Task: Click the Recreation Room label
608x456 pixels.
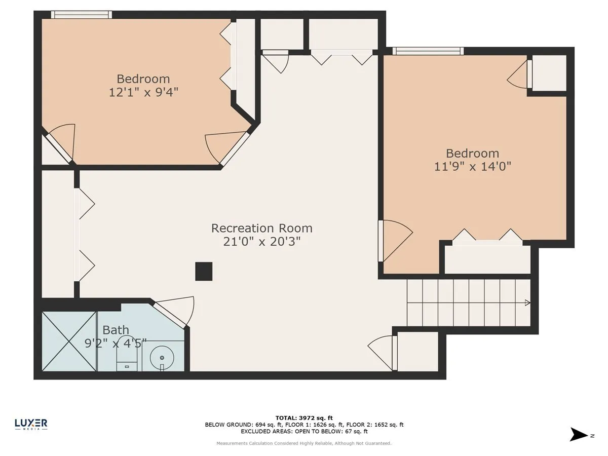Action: tap(262, 229)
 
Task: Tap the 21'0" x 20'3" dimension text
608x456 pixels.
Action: tap(262, 242)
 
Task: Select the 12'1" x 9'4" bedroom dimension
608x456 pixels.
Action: tap(143, 92)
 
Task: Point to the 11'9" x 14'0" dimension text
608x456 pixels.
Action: tap(473, 167)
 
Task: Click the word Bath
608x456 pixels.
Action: tap(116, 330)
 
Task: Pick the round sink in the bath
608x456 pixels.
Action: tap(162, 357)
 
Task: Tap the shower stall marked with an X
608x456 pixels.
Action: tap(69, 341)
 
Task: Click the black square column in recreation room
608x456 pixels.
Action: tap(204, 272)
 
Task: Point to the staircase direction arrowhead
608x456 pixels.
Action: tap(527, 302)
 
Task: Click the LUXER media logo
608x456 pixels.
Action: tap(31, 425)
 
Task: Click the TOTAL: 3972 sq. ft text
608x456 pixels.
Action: tap(304, 418)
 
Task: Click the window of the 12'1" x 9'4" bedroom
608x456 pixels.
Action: tap(82, 15)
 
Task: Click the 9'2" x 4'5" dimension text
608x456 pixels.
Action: tap(115, 344)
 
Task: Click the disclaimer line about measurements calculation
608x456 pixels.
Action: tap(304, 443)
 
